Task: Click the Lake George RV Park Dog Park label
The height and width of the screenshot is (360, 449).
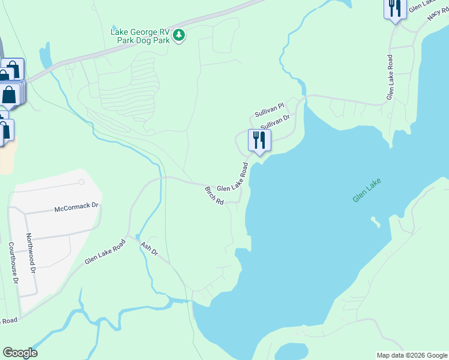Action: click(x=140, y=36)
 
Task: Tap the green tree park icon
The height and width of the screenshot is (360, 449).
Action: click(x=179, y=36)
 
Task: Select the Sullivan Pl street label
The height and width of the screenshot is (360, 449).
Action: click(x=268, y=110)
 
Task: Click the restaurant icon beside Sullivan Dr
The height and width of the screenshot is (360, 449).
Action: click(x=259, y=140)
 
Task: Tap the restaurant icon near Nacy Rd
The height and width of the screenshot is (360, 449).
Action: click(x=394, y=8)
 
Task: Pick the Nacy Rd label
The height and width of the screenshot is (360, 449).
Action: click(x=438, y=13)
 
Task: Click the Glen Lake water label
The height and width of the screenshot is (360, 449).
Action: click(x=367, y=190)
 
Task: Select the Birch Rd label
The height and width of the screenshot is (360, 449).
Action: click(x=214, y=196)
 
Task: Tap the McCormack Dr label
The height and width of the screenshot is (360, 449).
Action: click(x=76, y=208)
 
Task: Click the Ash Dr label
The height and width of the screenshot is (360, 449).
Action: click(x=148, y=249)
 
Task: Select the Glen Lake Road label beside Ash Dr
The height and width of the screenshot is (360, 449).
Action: click(x=105, y=251)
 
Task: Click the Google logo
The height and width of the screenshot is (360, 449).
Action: click(x=20, y=353)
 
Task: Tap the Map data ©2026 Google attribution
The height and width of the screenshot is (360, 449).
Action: click(x=412, y=355)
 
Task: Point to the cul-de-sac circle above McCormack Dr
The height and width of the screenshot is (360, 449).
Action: click(x=81, y=181)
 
